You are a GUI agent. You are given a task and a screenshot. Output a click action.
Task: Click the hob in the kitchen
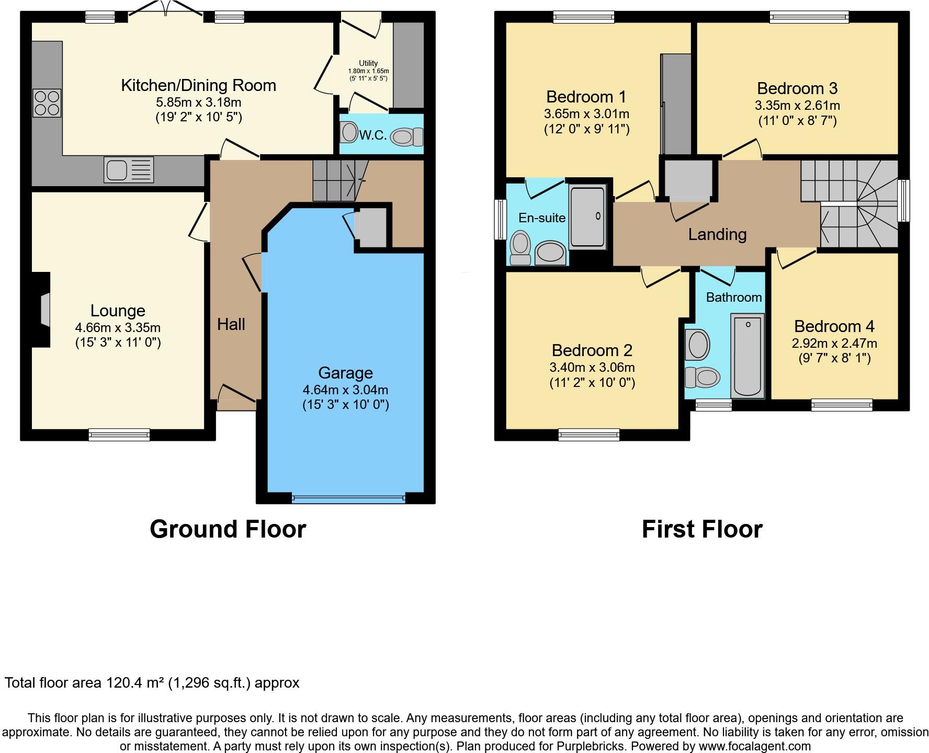coord(47,103)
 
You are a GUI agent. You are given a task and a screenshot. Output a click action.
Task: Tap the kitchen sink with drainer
coord(129,169)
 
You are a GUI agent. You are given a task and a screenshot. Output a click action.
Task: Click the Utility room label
coord(368,63)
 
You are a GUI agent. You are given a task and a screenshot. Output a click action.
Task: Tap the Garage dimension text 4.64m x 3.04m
coord(345,390)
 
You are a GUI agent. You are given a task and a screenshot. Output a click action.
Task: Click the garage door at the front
coord(348,498)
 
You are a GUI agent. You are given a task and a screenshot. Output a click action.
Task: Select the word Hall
coord(231,324)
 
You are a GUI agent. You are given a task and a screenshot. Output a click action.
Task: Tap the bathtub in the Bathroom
coord(747,355)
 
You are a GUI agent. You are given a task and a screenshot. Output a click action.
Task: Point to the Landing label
coord(717,234)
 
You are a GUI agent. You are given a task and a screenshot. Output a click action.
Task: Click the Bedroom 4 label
coord(834,326)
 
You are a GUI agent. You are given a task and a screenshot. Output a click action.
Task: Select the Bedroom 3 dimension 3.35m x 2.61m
coord(797,106)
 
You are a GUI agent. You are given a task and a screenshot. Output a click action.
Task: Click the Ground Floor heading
coord(228,529)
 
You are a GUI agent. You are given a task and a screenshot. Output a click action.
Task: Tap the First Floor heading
coord(701,529)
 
